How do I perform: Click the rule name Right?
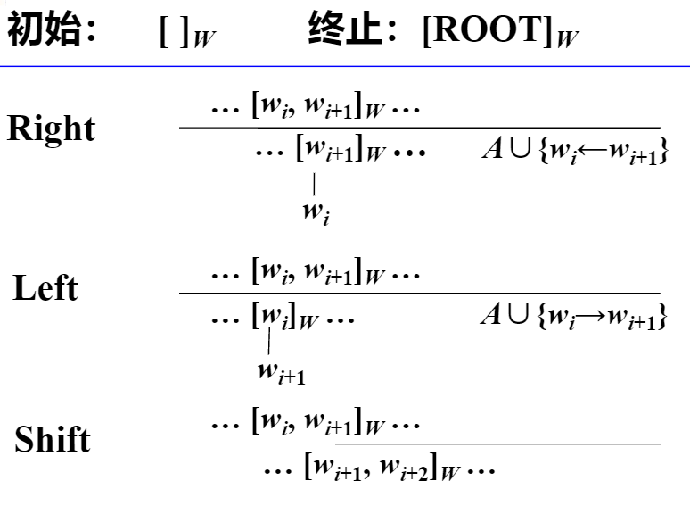coord(51,129)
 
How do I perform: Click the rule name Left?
coord(45,288)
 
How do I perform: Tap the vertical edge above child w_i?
coord(314,184)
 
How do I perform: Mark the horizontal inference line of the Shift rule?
coord(419,444)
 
